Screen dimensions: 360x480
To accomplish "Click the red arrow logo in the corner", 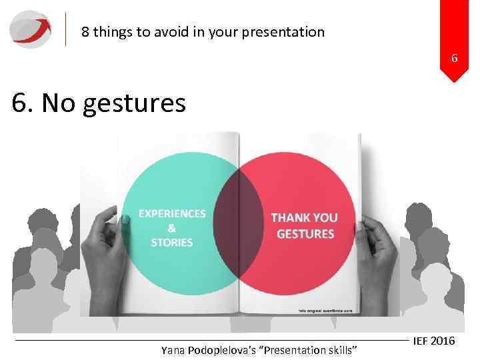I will (30, 29).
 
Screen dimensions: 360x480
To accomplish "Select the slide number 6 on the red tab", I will (454, 59).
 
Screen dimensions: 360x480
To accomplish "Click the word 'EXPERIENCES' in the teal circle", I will (172, 214).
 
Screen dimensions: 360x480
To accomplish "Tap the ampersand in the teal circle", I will (172, 228).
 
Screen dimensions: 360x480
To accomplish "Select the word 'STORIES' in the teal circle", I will (172, 243).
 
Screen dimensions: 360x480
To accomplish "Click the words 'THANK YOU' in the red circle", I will (305, 218).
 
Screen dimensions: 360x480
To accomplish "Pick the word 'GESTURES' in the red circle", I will (305, 234).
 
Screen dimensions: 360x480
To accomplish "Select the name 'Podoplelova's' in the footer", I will (227, 350).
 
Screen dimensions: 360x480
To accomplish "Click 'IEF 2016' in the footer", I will (434, 341).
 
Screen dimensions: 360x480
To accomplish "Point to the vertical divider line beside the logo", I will (66, 29).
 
